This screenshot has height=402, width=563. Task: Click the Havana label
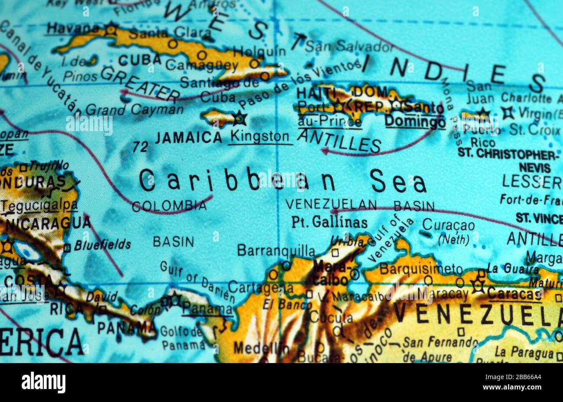tap(73, 29)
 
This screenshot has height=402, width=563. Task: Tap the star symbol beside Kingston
tap(239, 118)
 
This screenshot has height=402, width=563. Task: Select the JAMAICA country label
tap(188, 138)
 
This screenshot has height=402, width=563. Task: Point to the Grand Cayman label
tap(134, 109)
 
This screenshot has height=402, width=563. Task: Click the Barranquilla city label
tap(276, 250)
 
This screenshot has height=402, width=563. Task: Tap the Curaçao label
tap(448, 225)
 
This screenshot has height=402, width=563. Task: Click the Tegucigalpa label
tap(42, 205)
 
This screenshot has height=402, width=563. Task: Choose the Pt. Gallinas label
tap(329, 222)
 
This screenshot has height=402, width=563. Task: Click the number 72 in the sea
tap(140, 147)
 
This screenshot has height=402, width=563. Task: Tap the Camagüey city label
tap(202, 66)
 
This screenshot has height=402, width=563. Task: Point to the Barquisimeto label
tap(421, 269)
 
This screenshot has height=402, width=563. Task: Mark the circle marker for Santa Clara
tap(173, 44)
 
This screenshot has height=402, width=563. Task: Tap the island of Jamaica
tap(219, 117)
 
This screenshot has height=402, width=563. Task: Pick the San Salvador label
tap(349, 45)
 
